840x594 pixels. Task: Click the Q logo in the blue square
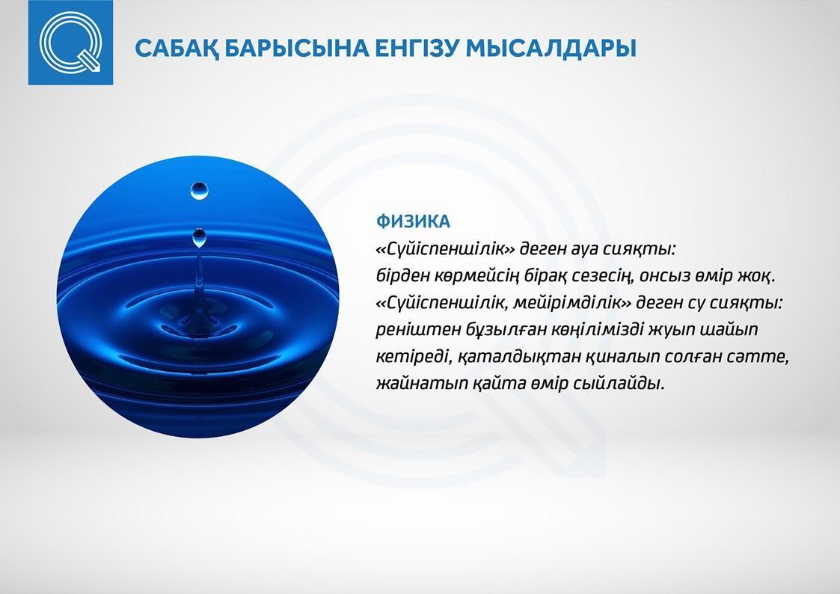(71, 43)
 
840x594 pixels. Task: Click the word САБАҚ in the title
(177, 48)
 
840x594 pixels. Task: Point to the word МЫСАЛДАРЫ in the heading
(551, 48)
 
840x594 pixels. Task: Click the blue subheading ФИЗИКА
(413, 221)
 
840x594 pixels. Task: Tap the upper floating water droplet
(199, 191)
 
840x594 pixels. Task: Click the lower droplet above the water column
(199, 237)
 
